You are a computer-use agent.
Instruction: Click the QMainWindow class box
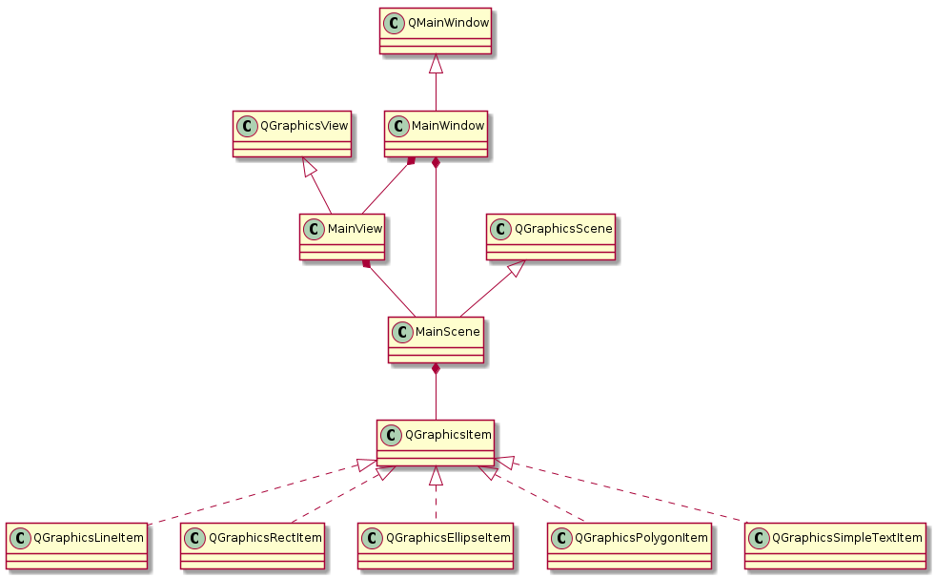[436, 32]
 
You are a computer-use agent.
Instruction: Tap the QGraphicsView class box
[293, 134]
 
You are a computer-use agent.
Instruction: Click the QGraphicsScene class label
[563, 229]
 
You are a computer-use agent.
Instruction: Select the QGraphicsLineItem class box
[76, 547]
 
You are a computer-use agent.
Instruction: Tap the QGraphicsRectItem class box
[253, 547]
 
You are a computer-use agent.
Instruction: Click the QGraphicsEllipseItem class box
[436, 547]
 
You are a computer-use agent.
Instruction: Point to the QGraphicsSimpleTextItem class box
[835, 547]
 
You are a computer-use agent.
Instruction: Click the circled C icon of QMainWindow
[393, 23]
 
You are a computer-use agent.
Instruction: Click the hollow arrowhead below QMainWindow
[436, 65]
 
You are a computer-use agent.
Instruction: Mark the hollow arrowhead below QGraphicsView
[308, 167]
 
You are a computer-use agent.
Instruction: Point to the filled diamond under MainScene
[436, 369]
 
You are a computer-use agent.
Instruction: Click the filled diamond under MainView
[366, 264]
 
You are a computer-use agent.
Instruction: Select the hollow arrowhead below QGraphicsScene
[516, 270]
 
